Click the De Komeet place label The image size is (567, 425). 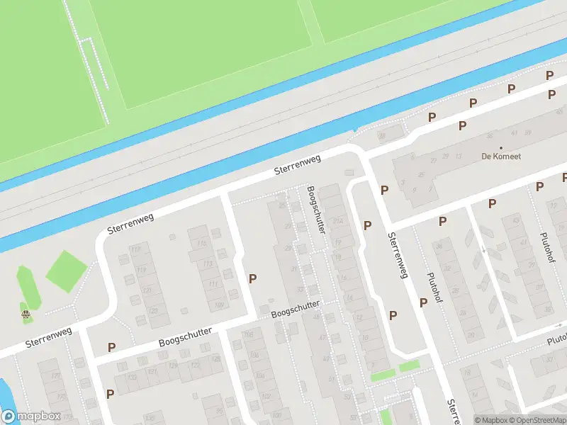(x=501, y=156)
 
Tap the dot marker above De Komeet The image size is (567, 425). (x=501, y=147)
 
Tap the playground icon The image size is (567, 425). (x=26, y=314)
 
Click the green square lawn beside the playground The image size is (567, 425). (x=66, y=270)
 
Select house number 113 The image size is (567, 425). (x=208, y=263)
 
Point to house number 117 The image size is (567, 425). (x=136, y=250)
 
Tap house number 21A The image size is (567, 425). (x=337, y=222)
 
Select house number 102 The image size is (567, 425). (x=265, y=396)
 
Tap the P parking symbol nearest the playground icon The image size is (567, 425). (x=111, y=348)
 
